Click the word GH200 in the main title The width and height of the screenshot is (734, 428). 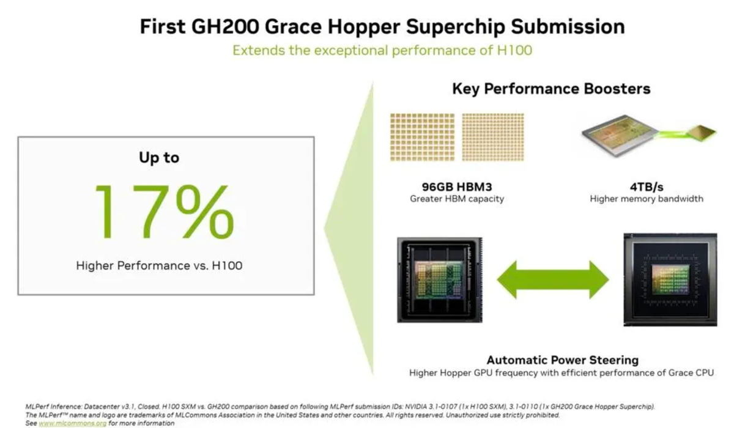tap(226, 26)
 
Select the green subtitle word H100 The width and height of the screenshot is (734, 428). tap(514, 50)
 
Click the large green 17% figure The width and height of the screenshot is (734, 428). tap(165, 212)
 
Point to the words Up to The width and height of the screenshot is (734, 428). tap(159, 158)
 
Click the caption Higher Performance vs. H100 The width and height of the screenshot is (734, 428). tap(159, 265)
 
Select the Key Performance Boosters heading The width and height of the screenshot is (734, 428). tap(551, 89)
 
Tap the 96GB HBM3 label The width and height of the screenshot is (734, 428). tap(457, 187)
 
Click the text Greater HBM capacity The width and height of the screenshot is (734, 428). tap(457, 199)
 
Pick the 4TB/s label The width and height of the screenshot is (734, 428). tap(647, 187)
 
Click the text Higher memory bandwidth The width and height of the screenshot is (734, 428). tap(647, 199)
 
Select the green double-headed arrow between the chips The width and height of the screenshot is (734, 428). tap(553, 280)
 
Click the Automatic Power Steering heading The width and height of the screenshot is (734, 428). tap(563, 360)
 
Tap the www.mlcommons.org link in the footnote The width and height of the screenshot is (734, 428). tap(72, 423)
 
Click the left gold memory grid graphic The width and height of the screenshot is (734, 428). tap(423, 137)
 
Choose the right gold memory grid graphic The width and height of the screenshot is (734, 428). tap(493, 137)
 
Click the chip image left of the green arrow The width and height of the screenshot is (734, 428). tap(440, 280)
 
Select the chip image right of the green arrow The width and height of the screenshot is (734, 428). tap(670, 279)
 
